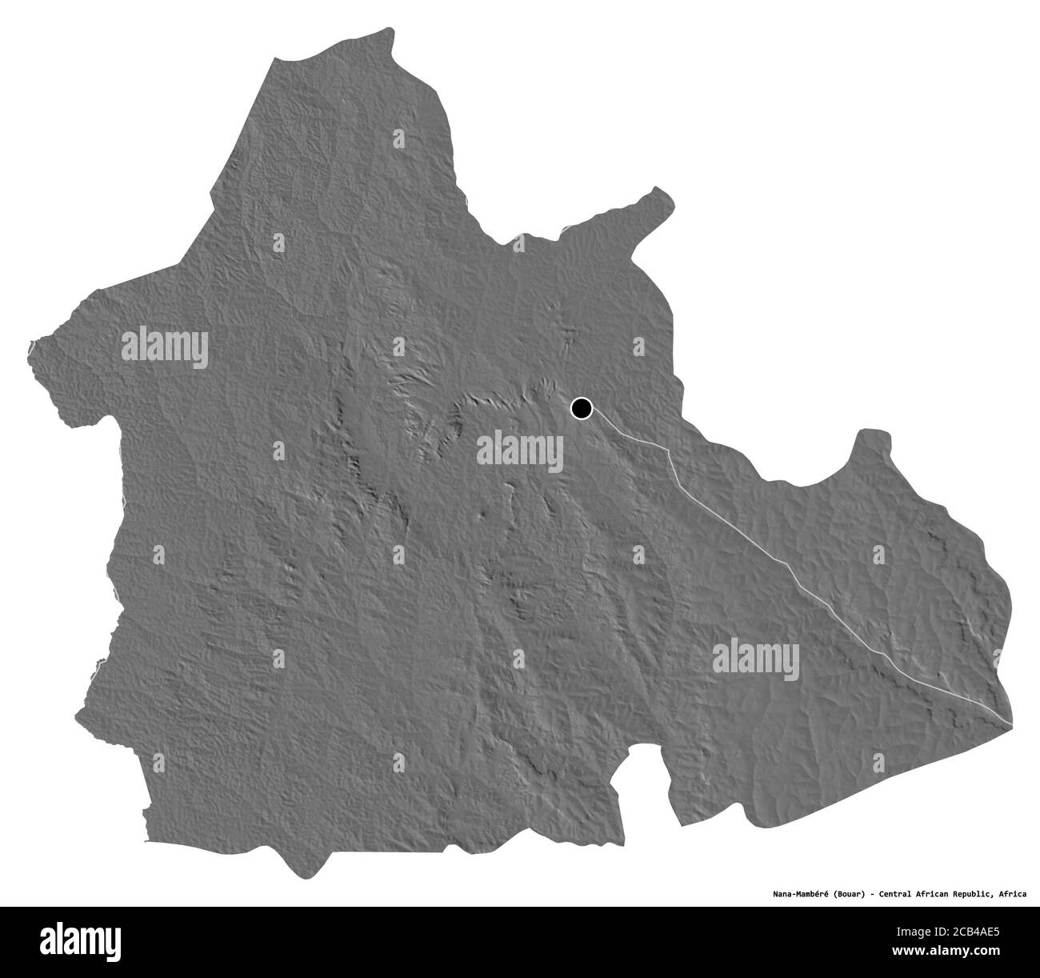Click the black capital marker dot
[581, 409]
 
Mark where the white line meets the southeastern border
[1011, 725]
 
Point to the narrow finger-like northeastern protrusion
[658, 192]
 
